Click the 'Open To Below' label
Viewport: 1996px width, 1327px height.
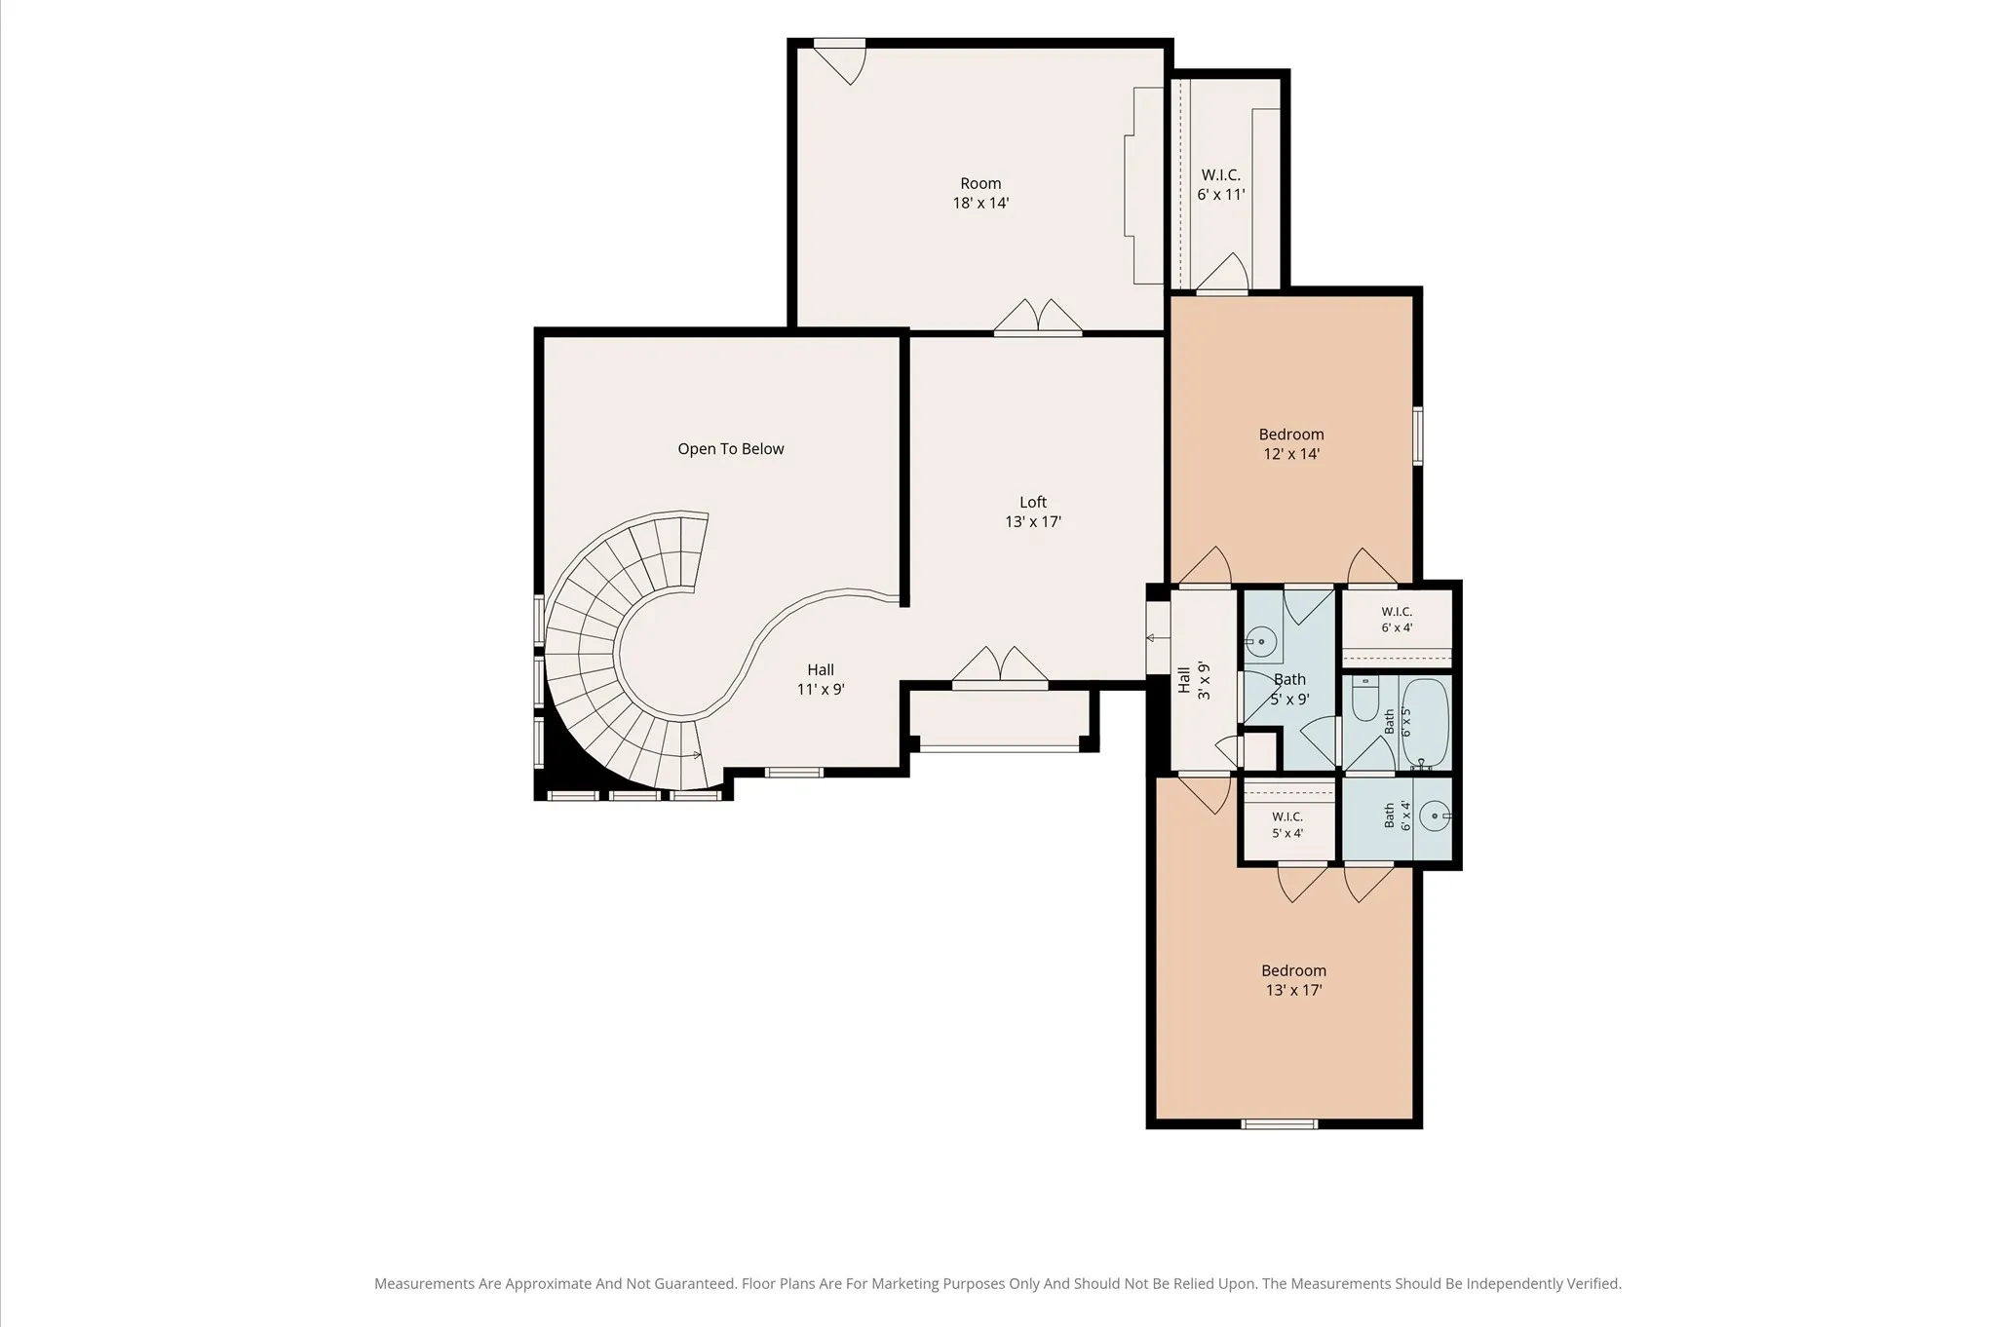[x=731, y=449]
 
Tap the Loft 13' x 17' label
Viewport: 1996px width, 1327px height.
[x=1033, y=512]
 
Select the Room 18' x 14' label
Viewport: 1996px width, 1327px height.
[x=980, y=193]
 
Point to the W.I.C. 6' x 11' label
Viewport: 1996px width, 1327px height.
[x=1221, y=184]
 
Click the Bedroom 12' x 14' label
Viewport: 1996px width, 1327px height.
[x=1291, y=444]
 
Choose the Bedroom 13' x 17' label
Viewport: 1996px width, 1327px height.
[x=1293, y=980]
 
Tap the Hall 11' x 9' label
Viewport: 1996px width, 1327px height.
[x=821, y=679]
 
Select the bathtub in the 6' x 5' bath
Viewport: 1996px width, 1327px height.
[x=1425, y=724]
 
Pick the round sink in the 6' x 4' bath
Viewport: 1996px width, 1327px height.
[x=1435, y=815]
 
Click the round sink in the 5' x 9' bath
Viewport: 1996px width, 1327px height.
[x=1261, y=641]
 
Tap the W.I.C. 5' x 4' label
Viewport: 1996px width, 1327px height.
[x=1287, y=824]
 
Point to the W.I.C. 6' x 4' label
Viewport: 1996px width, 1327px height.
[x=1397, y=620]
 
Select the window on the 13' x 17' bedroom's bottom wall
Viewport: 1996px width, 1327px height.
[x=1280, y=1123]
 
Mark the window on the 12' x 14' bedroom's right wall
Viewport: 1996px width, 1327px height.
[x=1418, y=436]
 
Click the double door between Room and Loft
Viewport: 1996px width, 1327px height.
[x=1038, y=318]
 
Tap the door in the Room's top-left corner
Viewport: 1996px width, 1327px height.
[x=839, y=61]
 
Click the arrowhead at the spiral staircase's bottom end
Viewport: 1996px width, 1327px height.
[x=697, y=755]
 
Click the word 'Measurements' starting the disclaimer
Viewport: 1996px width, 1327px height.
[x=424, y=1284]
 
